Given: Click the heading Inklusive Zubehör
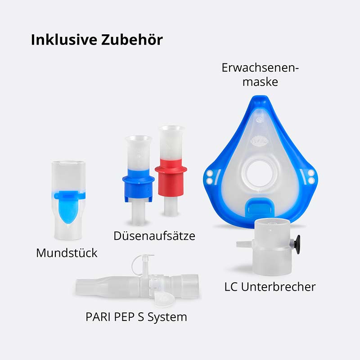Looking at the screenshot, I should tap(97, 40).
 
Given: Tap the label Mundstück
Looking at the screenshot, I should tap(67, 253).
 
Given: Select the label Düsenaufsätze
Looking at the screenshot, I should tap(154, 235).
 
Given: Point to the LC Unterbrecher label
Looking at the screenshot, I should tap(270, 287).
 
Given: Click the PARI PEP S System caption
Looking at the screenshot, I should tap(136, 317).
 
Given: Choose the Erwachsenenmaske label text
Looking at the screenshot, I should tap(260, 75).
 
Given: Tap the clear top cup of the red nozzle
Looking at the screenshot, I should tap(171, 143).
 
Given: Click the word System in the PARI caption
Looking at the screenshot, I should tap(169, 317).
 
